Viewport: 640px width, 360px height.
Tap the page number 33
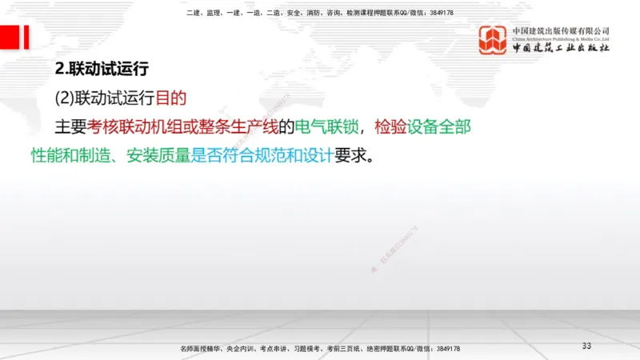point(586,346)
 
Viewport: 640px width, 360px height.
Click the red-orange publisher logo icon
point(493,40)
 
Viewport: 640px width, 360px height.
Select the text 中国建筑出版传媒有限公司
point(561,30)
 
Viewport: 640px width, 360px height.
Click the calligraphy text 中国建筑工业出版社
point(561,49)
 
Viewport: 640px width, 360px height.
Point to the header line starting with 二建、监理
point(320,12)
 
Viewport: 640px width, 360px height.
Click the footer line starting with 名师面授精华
point(320,350)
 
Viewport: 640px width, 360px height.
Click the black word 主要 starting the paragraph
point(70,126)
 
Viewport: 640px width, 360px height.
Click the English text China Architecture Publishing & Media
point(561,38)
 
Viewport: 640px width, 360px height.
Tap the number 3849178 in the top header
point(441,12)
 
